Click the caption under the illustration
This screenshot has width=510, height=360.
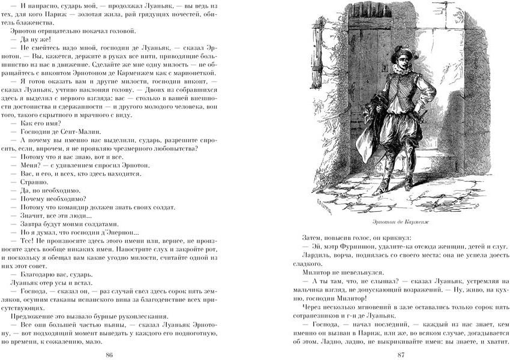pyautogui.click(x=401, y=221)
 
